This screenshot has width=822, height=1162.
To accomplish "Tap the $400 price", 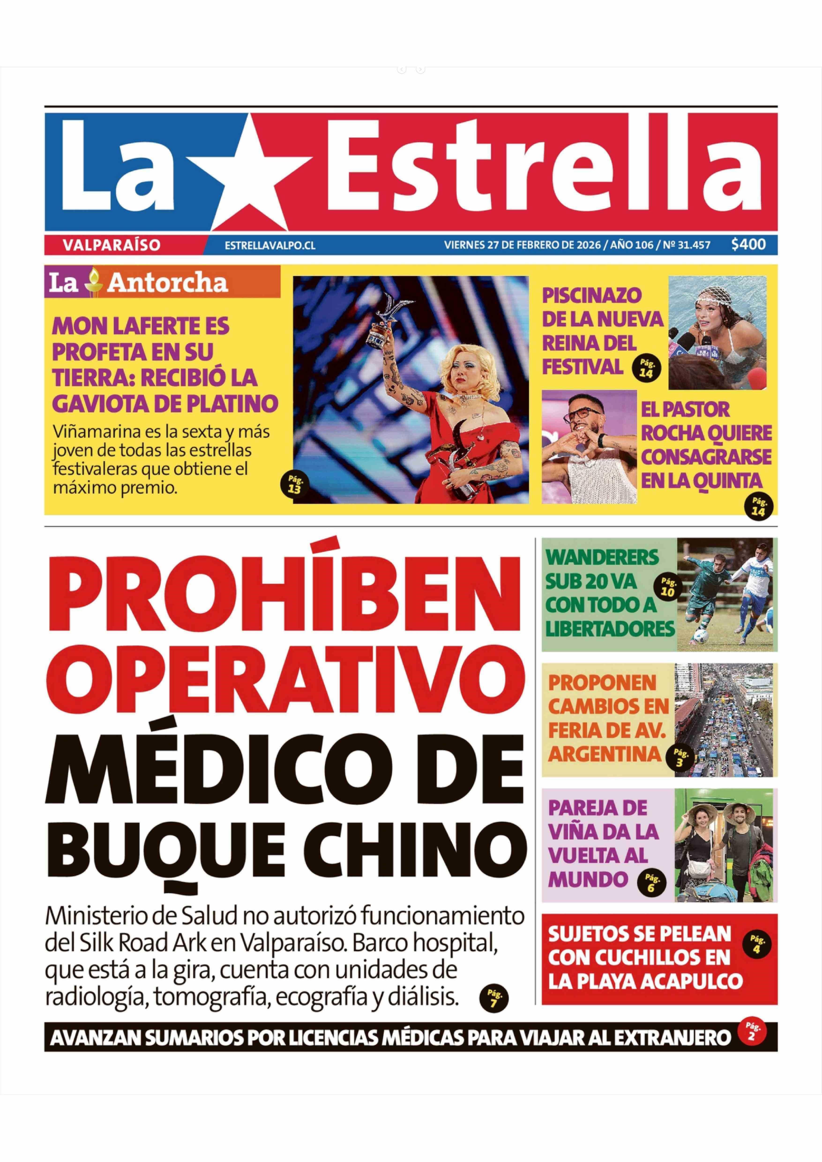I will (x=748, y=244).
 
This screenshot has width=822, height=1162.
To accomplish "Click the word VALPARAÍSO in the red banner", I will (x=112, y=245).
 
